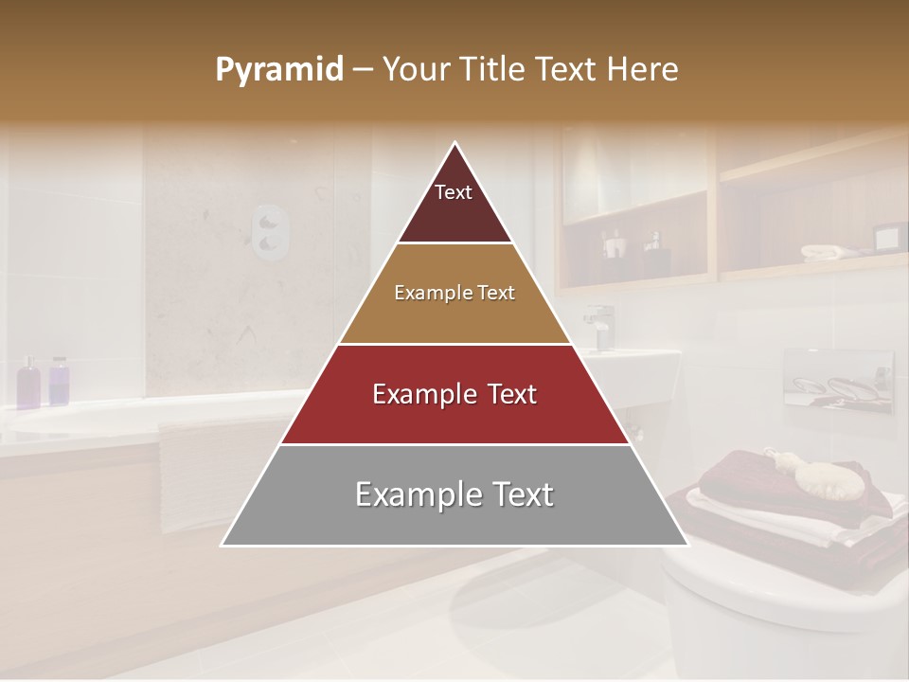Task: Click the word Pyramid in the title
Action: pos(278,70)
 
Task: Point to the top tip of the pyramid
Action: pos(454,144)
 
